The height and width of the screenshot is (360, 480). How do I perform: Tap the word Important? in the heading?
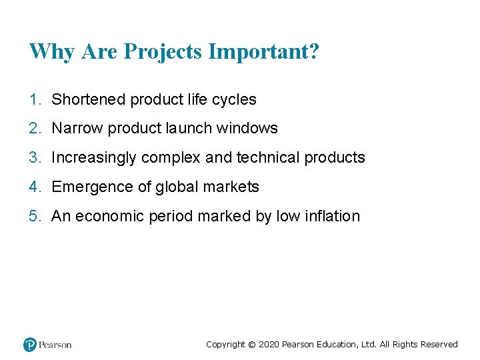pos(264,52)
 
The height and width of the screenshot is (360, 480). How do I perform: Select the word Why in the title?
pos(52,52)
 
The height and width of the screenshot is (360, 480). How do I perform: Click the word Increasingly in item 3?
pos(94,158)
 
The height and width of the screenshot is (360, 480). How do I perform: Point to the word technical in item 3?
pos(268,158)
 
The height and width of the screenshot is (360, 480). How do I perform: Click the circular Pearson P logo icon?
pos(29,345)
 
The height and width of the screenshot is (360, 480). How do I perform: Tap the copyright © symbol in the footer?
pos(251,345)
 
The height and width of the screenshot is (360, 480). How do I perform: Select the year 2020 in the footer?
pos(268,345)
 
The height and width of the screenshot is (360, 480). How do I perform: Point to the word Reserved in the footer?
pos(438,345)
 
